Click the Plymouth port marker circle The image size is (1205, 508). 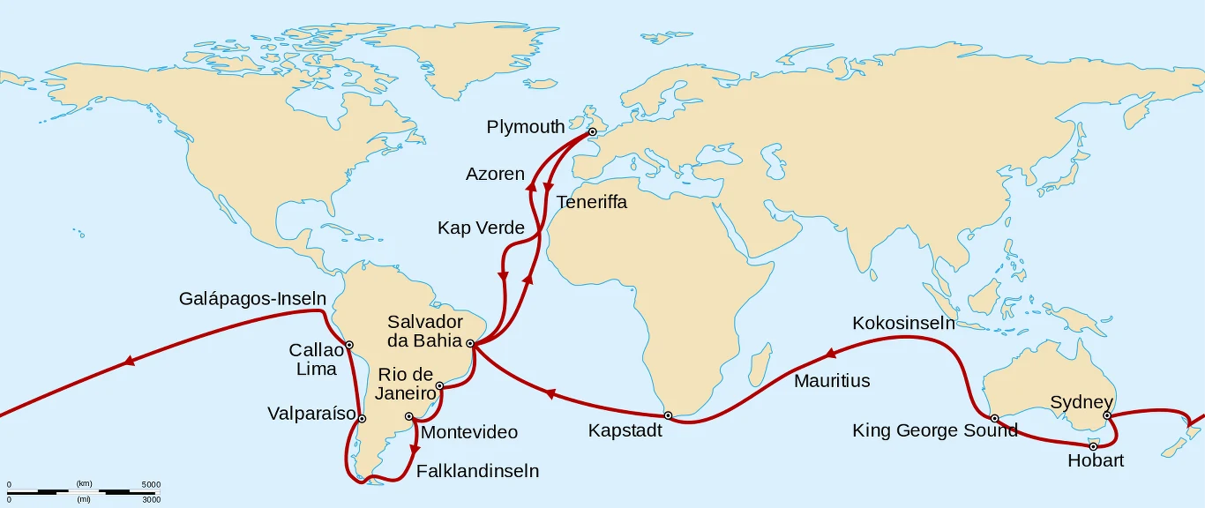tap(592, 132)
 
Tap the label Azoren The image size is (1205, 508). tap(495, 174)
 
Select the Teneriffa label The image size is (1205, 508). tap(591, 202)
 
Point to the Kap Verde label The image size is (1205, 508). tap(481, 228)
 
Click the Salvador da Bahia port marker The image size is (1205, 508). tap(470, 343)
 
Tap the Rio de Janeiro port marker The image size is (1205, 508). tap(439, 385)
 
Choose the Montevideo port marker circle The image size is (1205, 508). tap(408, 416)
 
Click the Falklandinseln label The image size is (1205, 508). tap(476, 471)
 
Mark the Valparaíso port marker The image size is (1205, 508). tap(362, 419)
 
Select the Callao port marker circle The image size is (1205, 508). tap(349, 345)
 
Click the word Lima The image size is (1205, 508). tap(316, 370)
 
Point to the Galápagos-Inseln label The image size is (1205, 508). tap(252, 299)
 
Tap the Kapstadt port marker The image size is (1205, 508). tap(668, 415)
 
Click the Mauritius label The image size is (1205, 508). tap(832, 381)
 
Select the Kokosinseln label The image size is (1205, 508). tap(903, 324)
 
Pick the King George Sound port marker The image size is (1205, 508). tap(994, 418)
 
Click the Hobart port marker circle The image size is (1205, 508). tap(1093, 446)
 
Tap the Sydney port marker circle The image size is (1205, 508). tap(1107, 415)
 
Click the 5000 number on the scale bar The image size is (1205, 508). tap(151, 484)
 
